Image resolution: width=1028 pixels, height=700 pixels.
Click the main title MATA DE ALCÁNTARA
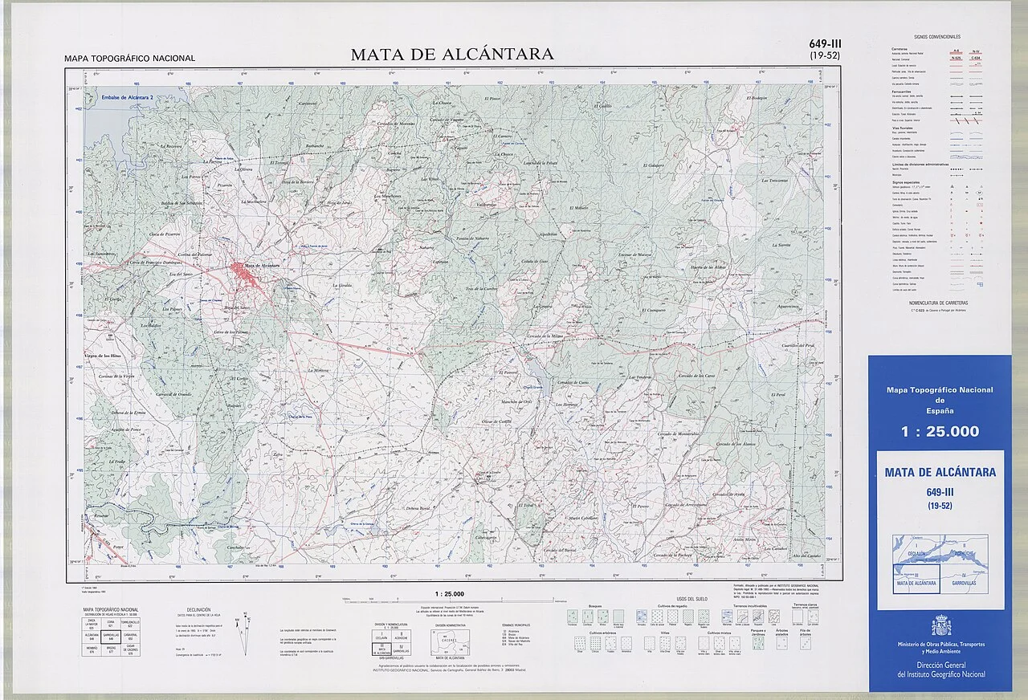point(451,55)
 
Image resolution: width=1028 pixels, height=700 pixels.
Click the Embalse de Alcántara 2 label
point(128,97)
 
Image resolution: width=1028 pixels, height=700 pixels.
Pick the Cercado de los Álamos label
point(736,443)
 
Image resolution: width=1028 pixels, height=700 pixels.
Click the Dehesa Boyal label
point(418,508)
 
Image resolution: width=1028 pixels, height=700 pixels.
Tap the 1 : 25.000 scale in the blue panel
point(940,432)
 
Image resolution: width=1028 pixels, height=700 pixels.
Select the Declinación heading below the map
point(198,610)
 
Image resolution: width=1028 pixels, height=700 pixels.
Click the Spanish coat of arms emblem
point(940,625)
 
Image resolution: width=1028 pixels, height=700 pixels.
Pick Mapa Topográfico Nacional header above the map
point(130,59)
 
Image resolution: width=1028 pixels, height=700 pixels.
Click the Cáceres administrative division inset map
point(451,641)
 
